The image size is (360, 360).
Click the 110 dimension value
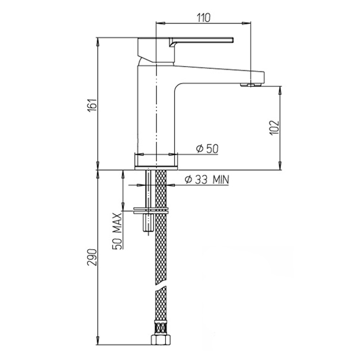203,18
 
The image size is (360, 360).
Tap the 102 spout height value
275,128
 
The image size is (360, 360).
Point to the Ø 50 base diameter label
207,149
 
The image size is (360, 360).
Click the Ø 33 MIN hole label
207,180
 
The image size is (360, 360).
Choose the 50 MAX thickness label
117,231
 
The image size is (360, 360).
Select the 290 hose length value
92,257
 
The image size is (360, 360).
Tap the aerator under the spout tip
251,85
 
